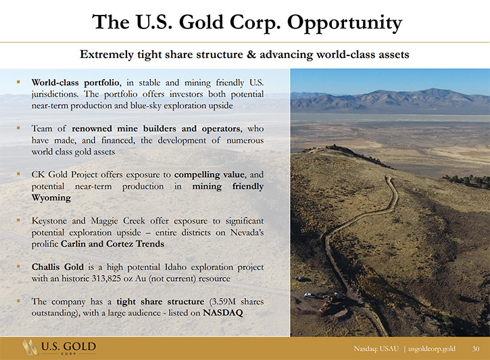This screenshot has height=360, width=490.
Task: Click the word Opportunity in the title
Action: pyautogui.click(x=345, y=23)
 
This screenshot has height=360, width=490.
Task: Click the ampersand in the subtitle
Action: pyautogui.click(x=251, y=55)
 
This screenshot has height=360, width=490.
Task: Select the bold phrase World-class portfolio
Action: pyautogui.click(x=75, y=83)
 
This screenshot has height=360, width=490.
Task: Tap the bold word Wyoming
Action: pyautogui.click(x=51, y=198)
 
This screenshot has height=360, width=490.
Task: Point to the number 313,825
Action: pyautogui.click(x=106, y=278)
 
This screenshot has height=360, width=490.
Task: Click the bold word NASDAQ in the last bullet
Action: pyautogui.click(x=223, y=313)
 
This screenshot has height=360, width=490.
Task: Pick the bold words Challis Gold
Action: pyautogui.click(x=57, y=267)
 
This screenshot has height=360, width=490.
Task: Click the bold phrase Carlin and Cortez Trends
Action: pyautogui.click(x=112, y=244)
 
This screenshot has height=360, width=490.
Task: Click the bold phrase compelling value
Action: pyautogui.click(x=210, y=175)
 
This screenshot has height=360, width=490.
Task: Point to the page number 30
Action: pyautogui.click(x=476, y=349)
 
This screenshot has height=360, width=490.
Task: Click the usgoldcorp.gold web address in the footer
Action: pyautogui.click(x=432, y=349)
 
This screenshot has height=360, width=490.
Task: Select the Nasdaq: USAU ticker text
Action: pyautogui.click(x=376, y=349)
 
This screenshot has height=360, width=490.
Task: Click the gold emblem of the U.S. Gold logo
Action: pyautogui.click(x=30, y=347)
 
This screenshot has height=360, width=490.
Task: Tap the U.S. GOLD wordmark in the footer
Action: pyautogui.click(x=68, y=346)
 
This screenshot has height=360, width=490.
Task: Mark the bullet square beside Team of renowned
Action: pyautogui.click(x=18, y=128)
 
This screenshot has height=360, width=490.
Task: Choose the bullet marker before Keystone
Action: pyautogui.click(x=18, y=220)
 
